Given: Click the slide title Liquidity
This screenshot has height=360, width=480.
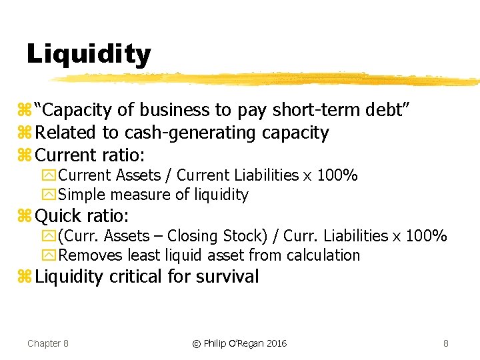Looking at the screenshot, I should (x=89, y=54).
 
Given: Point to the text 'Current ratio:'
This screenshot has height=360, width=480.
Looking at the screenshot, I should (x=91, y=155).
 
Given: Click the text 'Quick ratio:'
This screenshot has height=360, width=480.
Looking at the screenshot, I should (x=82, y=215).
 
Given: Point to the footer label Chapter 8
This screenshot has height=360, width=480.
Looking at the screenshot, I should (x=48, y=343).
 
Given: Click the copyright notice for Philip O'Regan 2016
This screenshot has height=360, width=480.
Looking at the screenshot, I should (x=239, y=343).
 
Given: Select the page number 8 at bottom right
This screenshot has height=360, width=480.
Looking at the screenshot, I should (x=445, y=343).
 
